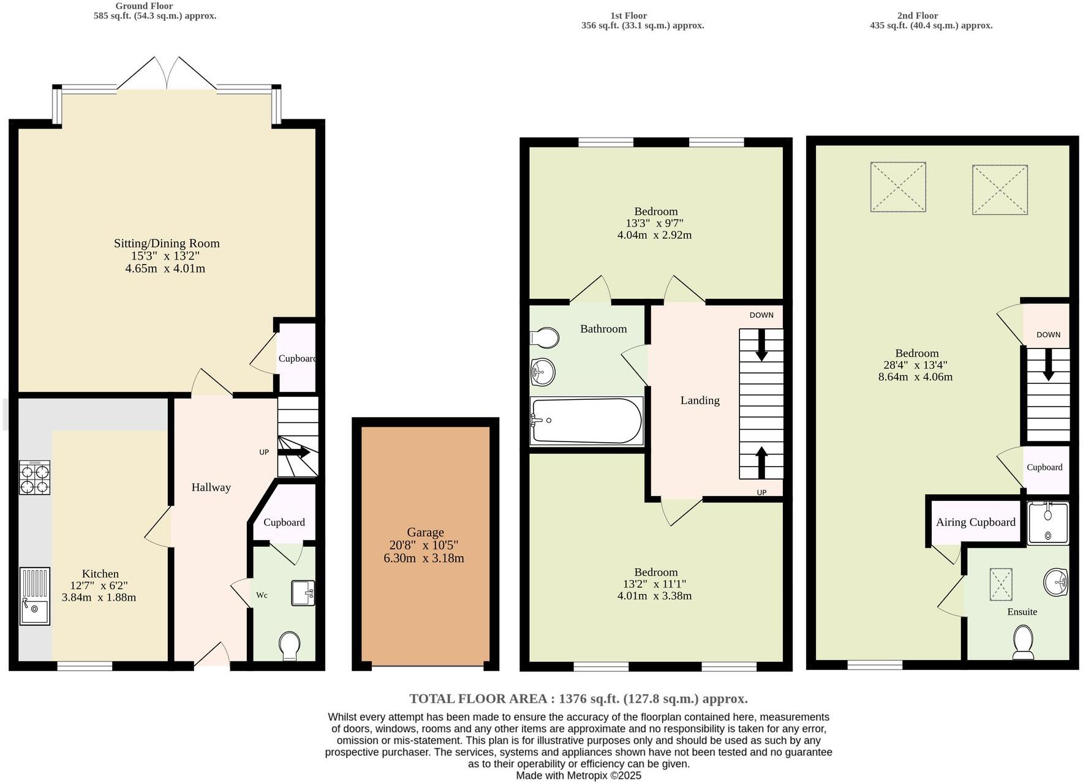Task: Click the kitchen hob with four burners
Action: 34,478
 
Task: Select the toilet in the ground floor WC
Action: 289,646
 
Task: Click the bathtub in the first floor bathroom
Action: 586,421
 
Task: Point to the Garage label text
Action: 425,532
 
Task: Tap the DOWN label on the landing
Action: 761,315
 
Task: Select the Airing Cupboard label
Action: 975,522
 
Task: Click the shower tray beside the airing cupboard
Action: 1048,523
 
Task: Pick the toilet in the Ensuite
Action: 1023,641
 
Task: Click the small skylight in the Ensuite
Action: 1001,584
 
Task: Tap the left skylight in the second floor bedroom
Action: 897,187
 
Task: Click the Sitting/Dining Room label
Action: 167,243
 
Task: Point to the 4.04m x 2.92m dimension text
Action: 654,235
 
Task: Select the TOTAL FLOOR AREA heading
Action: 578,699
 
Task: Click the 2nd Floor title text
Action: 917,16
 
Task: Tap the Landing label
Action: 700,400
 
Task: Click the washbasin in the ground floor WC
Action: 303,593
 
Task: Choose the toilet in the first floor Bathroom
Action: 545,337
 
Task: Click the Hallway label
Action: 211,487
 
